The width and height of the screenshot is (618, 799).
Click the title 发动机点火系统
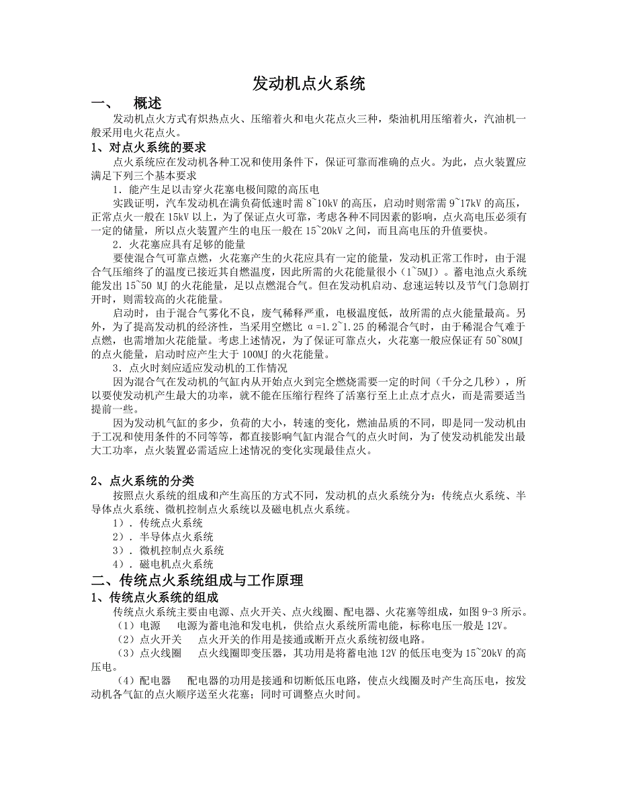click(308, 85)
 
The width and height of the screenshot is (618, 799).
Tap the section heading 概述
click(147, 103)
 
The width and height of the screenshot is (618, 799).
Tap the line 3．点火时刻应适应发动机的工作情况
click(200, 368)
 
